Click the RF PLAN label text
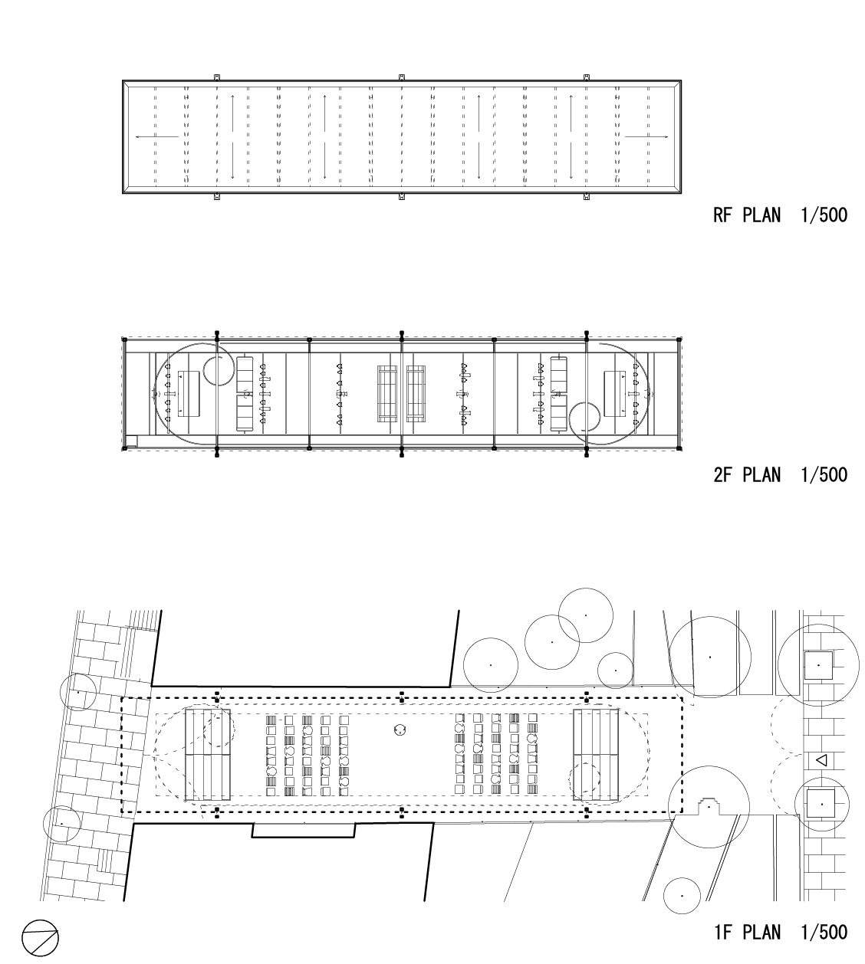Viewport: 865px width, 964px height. (746, 215)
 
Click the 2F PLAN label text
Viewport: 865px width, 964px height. (746, 475)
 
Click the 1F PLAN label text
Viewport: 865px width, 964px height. (747, 932)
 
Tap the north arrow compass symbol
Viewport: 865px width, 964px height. (40, 938)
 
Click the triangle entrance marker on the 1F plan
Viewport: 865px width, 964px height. (821, 760)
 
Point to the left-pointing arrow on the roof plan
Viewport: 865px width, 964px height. (156, 136)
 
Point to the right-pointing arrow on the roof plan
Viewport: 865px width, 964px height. (646, 136)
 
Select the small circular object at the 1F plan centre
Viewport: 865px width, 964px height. (400, 730)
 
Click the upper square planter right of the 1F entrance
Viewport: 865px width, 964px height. (818, 665)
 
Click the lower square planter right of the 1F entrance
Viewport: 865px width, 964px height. (821, 804)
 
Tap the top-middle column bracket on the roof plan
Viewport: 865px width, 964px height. (402, 77)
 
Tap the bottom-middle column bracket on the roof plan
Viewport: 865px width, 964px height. (402, 196)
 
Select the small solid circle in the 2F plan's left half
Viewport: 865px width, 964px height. (219, 370)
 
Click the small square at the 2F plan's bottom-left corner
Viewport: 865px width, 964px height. (131, 441)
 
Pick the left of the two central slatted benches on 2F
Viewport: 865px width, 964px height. (386, 394)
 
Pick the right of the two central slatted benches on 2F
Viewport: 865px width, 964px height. (416, 394)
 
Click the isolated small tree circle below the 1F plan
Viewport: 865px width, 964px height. (682, 896)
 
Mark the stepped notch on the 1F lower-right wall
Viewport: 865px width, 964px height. (709, 806)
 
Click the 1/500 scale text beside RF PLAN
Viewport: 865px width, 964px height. (824, 215)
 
